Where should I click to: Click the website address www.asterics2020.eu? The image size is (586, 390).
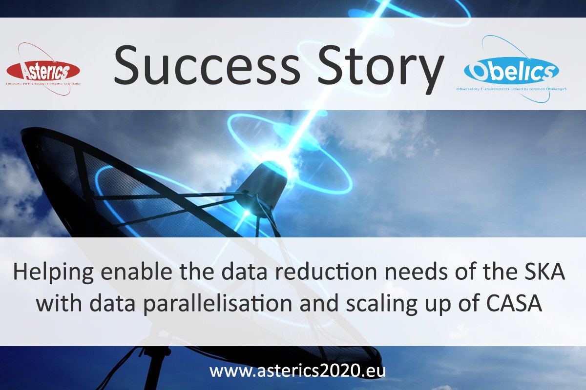[x=297, y=370]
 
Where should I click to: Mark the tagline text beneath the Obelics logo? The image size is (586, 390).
[x=511, y=90]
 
